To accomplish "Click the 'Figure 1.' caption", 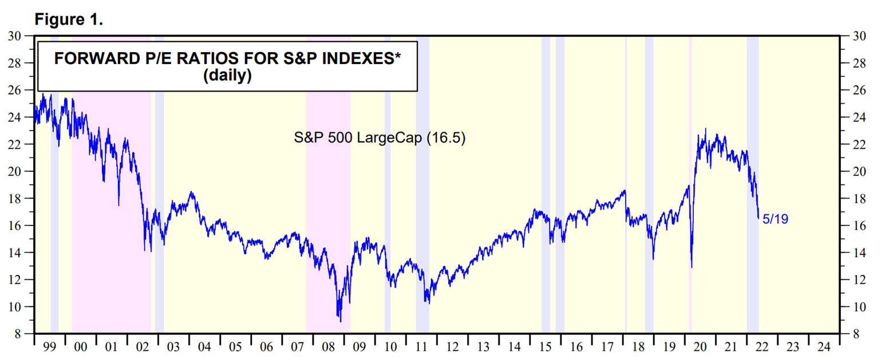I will coord(68,19).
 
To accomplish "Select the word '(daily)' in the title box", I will coord(227,76).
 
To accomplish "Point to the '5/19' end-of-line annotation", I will coord(775,219).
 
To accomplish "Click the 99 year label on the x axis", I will coord(50,347).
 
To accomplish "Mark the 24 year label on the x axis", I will coord(824,347).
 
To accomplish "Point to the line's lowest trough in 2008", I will coord(341,322).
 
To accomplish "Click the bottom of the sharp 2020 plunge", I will coord(692,267).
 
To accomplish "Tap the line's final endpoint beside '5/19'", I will coord(758,218).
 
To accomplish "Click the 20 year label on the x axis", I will coord(700,347).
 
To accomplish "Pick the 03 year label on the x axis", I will coord(173,347).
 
